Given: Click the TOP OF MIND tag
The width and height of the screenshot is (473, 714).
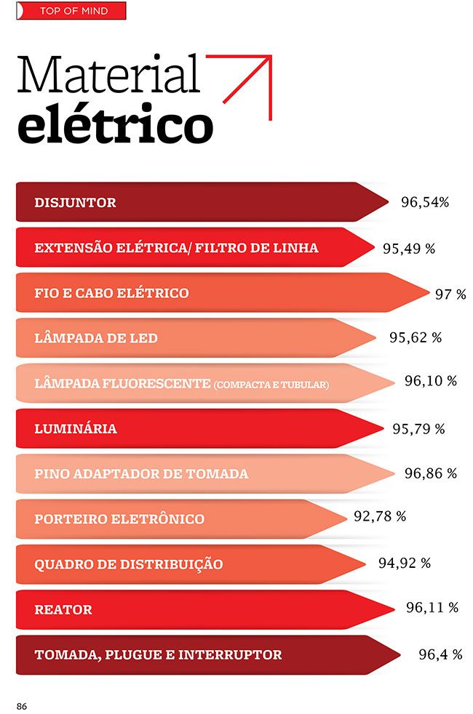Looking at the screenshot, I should tap(73, 11).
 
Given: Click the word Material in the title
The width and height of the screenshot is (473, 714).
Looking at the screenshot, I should tap(108, 74).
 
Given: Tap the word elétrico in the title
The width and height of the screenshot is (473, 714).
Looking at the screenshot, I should tap(115, 125).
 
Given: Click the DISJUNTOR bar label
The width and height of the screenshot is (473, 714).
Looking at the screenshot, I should tap(75, 202).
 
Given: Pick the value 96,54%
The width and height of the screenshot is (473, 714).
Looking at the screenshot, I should tap(425, 202).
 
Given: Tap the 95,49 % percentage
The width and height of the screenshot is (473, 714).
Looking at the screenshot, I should tap(409, 248).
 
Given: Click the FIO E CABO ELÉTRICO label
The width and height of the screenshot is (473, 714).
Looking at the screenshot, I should tap(111, 293).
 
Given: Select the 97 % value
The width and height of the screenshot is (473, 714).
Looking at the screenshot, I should tap(450, 294).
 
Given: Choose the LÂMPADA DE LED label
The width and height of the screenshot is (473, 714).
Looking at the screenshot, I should tap(96, 338).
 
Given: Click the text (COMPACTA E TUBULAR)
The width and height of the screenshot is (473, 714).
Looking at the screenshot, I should tap(271, 384).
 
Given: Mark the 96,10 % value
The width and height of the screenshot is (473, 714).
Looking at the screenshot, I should tap(431, 381).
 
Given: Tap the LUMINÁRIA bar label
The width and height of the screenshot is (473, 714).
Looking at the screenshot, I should tap(76, 429).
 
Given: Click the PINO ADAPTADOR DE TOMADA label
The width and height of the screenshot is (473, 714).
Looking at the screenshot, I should tap(141, 474).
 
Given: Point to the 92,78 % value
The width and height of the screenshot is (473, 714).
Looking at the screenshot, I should tap(380, 517).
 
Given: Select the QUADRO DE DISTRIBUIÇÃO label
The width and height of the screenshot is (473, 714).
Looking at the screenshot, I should tap(129, 564).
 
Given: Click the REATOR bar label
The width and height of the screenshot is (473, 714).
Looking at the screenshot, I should tap(63, 609).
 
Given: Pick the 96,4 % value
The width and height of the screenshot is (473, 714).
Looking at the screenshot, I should tap(440, 654).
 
